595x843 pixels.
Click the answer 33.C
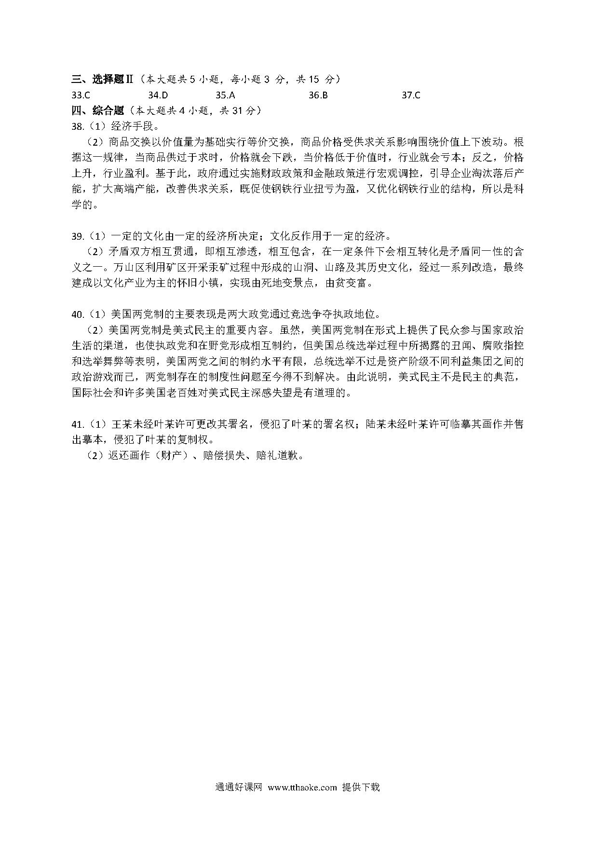point(81,95)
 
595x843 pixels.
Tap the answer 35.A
point(225,95)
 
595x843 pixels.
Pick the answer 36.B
point(318,95)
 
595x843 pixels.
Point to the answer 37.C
point(411,95)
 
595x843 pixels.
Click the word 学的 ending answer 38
point(81,205)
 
